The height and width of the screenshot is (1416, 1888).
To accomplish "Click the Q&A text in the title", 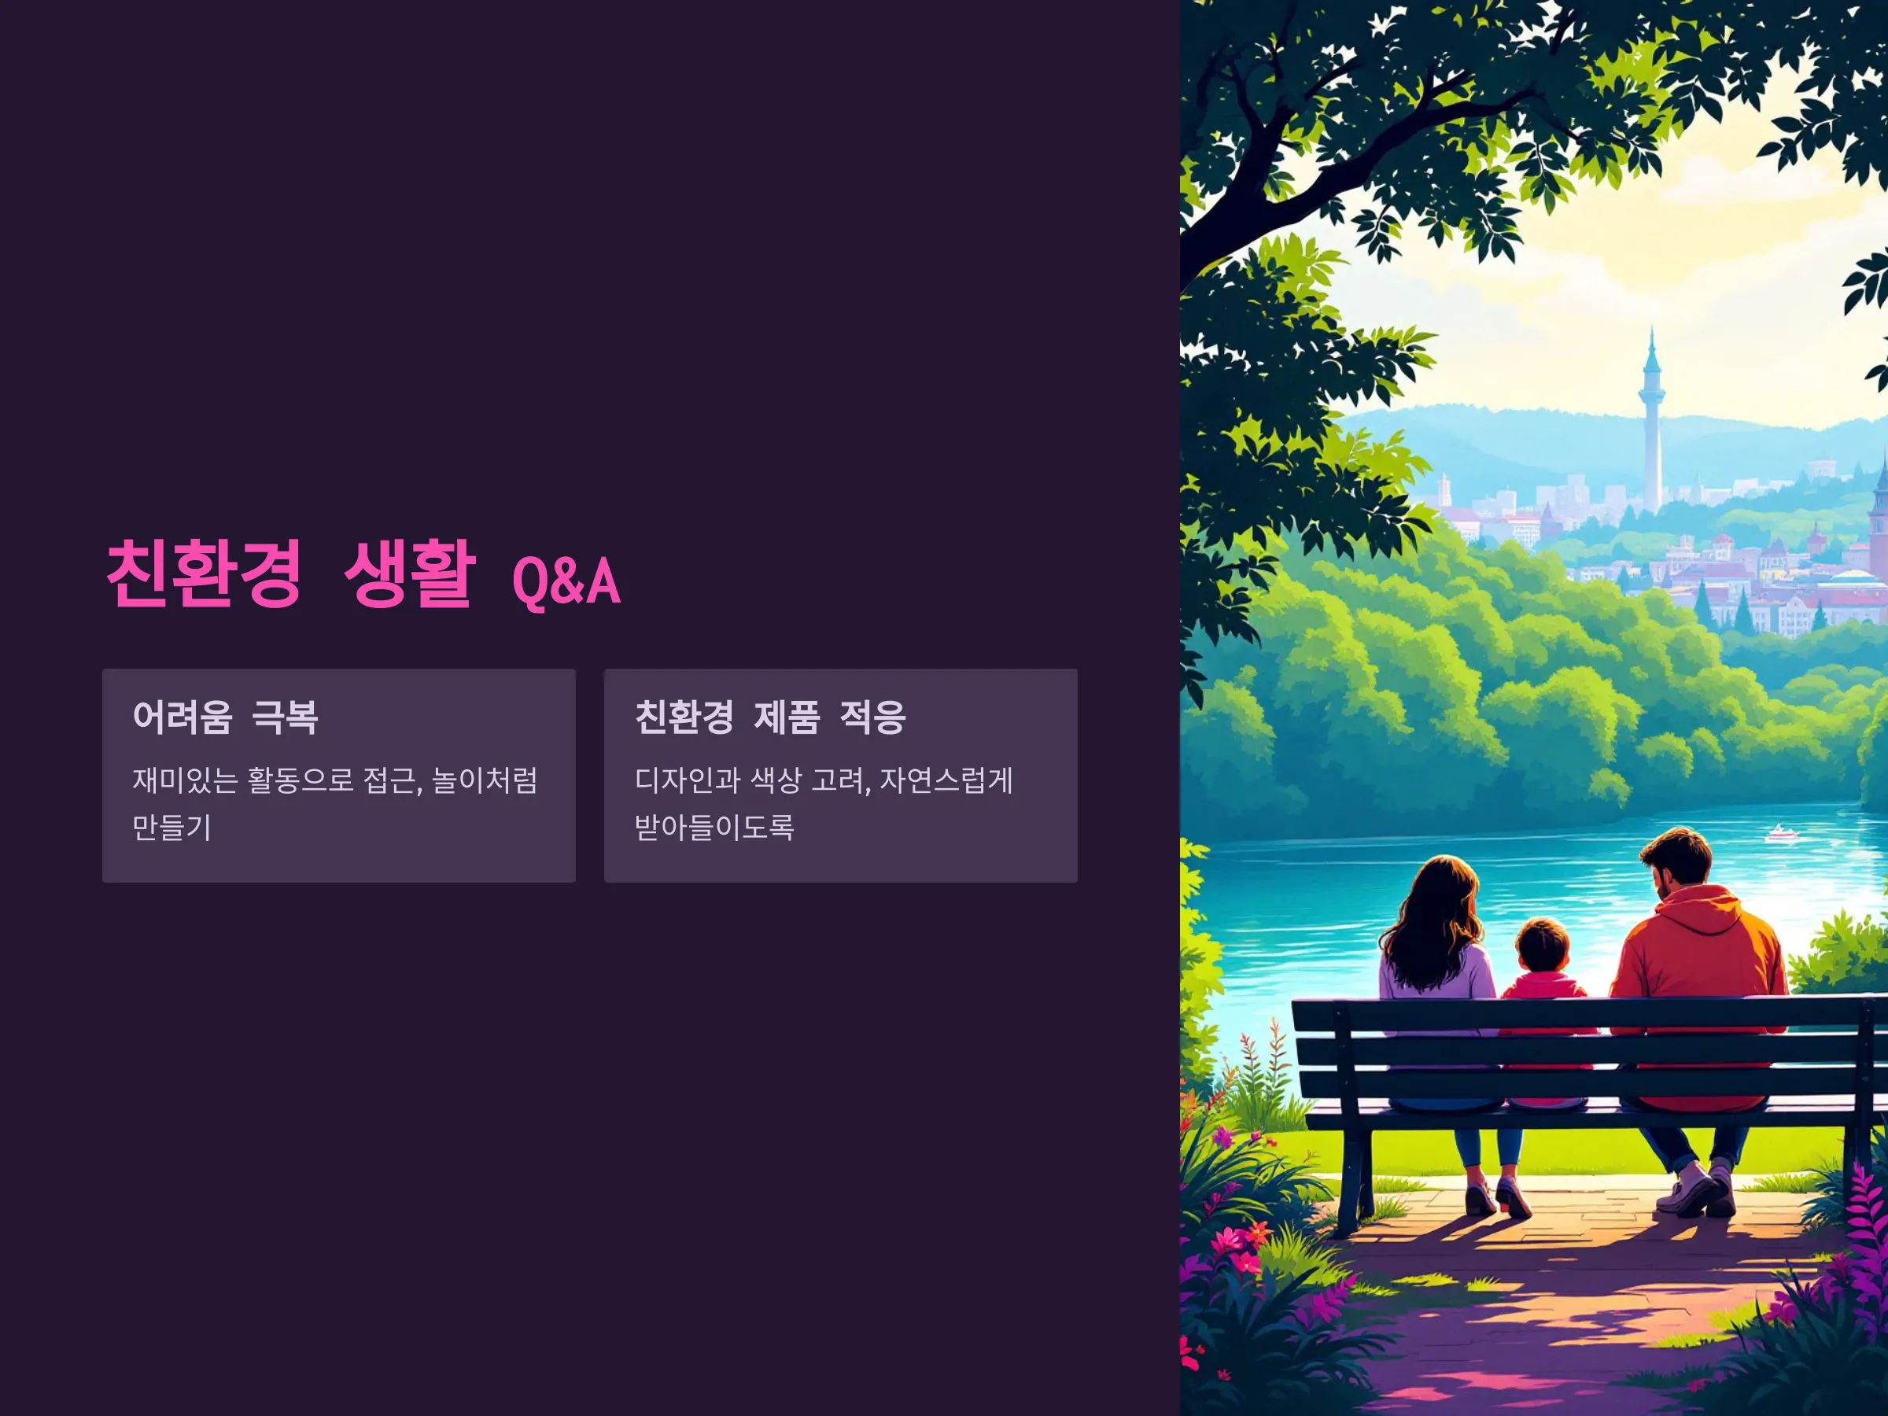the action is point(566,581).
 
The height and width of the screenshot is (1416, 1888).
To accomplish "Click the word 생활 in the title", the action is point(409,573).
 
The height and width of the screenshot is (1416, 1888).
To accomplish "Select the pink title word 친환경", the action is point(204,573).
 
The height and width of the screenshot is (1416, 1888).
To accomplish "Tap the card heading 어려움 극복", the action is point(225,717).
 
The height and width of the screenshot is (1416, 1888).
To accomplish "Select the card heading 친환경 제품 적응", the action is point(770,717).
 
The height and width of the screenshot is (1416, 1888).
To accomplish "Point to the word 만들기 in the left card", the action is point(171,826).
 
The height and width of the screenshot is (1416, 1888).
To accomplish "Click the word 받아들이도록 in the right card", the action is point(714,826).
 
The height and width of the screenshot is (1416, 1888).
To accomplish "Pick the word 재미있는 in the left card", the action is point(185,780).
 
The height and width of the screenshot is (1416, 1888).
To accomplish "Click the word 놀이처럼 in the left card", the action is point(485,780).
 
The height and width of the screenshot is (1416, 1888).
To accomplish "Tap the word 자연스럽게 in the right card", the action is point(946,780).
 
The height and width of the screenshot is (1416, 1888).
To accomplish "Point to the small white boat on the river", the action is point(1779,832).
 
